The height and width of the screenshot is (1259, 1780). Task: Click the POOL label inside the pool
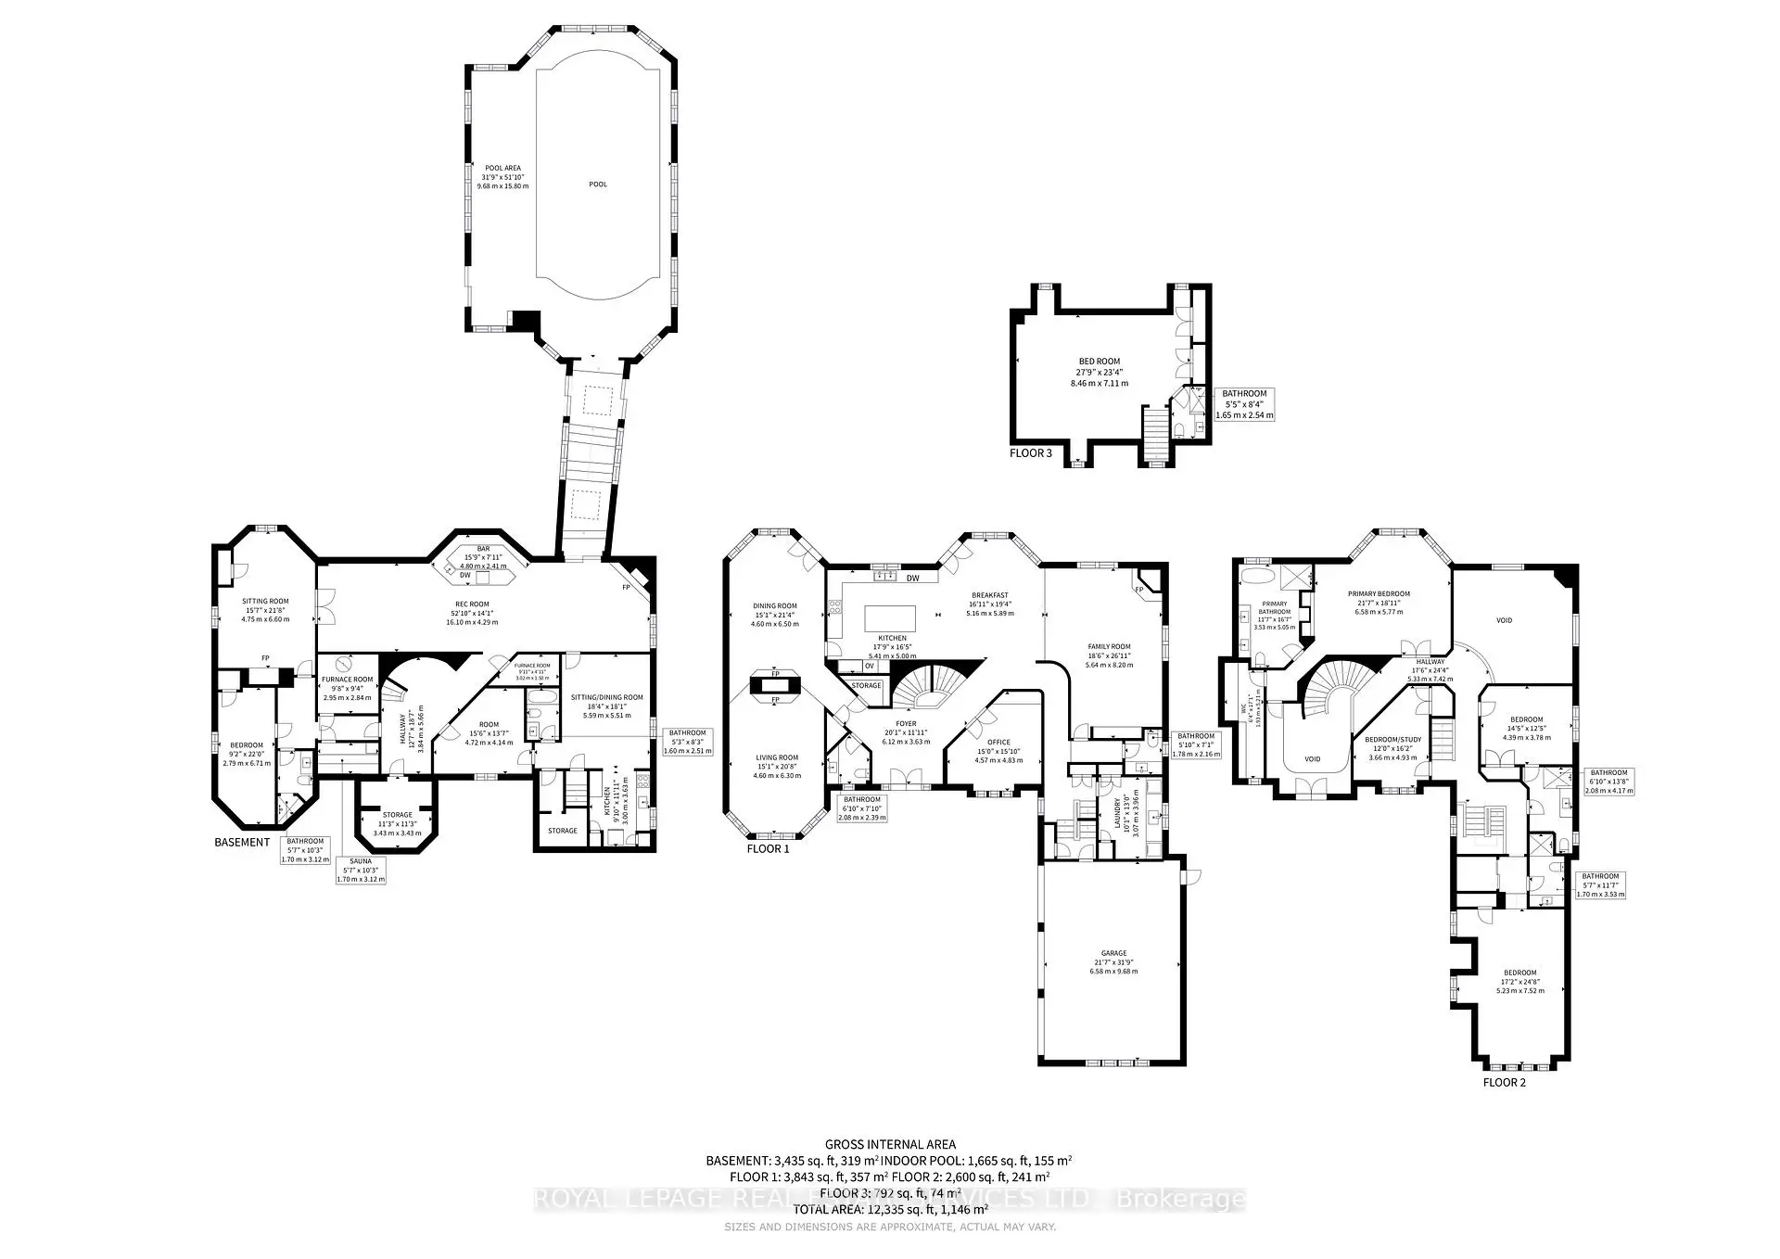pyautogui.click(x=598, y=184)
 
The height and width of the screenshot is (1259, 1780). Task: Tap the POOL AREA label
pyautogui.click(x=502, y=169)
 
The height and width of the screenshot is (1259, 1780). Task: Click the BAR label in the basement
pyautogui.click(x=483, y=549)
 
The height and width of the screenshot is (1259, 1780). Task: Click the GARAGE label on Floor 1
pyautogui.click(x=1113, y=953)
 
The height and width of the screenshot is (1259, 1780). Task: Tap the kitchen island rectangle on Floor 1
pyautogui.click(x=890, y=618)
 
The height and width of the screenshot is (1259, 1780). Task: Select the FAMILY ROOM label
pyautogui.click(x=1109, y=646)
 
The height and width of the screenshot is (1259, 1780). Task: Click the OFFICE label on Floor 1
pyautogui.click(x=998, y=742)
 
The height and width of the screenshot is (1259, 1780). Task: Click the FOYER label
pyautogui.click(x=905, y=724)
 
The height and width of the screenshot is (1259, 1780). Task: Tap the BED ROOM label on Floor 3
pyautogui.click(x=1099, y=362)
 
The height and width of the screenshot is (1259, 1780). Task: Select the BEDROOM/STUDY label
pyautogui.click(x=1392, y=740)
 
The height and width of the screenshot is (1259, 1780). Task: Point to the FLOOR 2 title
pyautogui.click(x=1504, y=1082)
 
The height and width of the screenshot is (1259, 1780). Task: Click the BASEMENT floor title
pyautogui.click(x=242, y=843)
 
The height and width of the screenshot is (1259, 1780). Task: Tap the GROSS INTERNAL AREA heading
pyautogui.click(x=890, y=1144)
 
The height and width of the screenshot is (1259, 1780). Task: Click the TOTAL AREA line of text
pyautogui.click(x=890, y=1209)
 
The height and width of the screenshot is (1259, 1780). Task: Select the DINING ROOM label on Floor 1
pyautogui.click(x=774, y=606)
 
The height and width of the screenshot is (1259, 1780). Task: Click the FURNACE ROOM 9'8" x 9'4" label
pyautogui.click(x=347, y=680)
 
